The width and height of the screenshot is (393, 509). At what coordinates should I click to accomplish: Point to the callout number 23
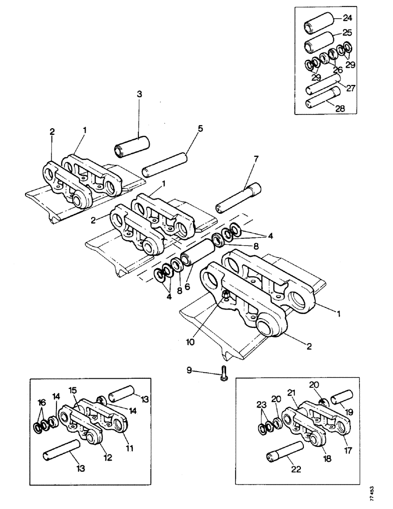pyautogui.click(x=262, y=405)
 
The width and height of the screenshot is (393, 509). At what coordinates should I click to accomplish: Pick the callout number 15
pyautogui.click(x=72, y=390)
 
